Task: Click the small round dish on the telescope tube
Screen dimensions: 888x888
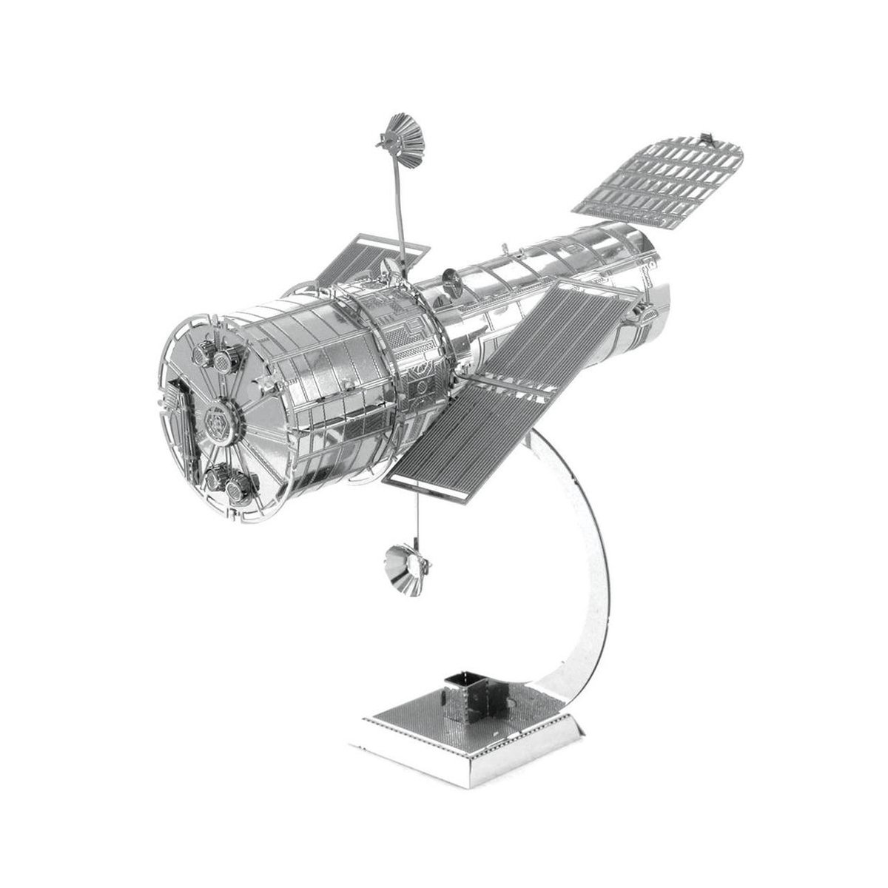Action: pyautogui.click(x=450, y=279)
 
